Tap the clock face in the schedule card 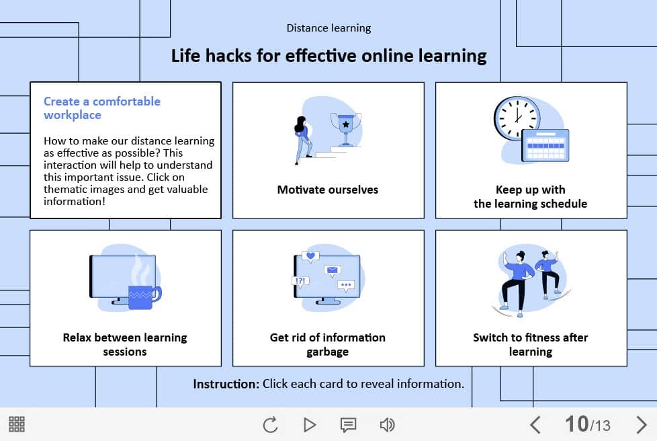[x=517, y=118]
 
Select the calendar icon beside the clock [x=545, y=145]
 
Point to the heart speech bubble [x=310, y=257]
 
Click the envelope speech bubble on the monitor [x=333, y=271]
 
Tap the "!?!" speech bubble [x=300, y=282]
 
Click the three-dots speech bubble [x=346, y=286]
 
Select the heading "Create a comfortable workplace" [x=102, y=108]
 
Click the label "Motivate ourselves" [x=328, y=190]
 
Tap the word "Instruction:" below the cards [x=226, y=384]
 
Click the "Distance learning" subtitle [x=328, y=28]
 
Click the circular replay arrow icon [x=270, y=425]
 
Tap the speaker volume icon [x=387, y=425]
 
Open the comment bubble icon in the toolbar [x=348, y=425]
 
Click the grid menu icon [x=17, y=424]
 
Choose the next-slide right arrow [x=641, y=425]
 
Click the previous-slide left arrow [x=535, y=425]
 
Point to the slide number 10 [x=576, y=424]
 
